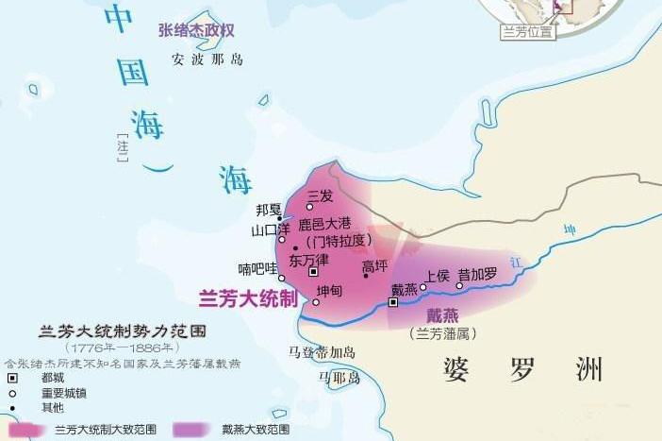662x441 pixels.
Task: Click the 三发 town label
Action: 321,195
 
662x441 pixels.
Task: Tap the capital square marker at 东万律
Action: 314,271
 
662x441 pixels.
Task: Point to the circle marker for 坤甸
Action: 316,302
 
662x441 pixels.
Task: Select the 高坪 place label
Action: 374,265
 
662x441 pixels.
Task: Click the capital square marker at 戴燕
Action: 394,303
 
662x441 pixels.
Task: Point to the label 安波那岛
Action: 207,59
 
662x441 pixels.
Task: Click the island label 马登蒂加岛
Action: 322,352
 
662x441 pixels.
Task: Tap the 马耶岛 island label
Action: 339,377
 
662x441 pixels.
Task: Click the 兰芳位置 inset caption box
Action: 527,31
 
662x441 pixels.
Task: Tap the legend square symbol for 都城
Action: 14,376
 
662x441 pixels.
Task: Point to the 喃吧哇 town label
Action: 257,267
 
